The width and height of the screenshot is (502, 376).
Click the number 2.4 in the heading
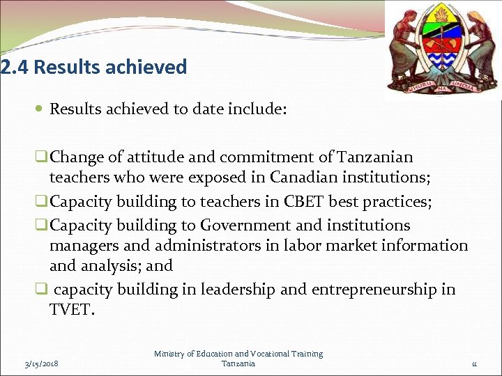[15, 68]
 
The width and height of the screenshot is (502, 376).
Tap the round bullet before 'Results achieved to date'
[41, 109]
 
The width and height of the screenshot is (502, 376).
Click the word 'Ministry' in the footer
[170, 354]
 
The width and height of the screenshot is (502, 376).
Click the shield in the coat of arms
[443, 43]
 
